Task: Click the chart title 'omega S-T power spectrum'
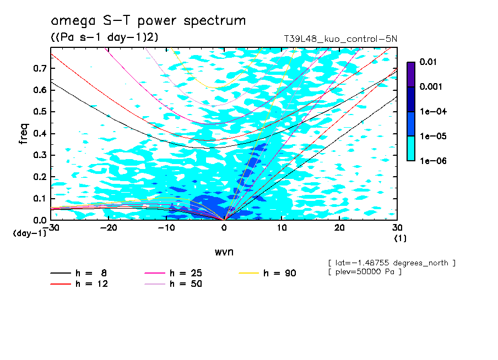click(x=148, y=21)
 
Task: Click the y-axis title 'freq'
click(x=23, y=134)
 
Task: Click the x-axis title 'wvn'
click(x=224, y=252)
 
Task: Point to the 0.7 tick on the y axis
click(x=40, y=68)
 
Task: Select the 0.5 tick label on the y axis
click(x=40, y=112)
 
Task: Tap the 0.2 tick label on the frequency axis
click(x=40, y=177)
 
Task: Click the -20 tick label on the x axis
click(x=109, y=228)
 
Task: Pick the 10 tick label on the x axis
click(x=282, y=228)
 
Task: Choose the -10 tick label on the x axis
click(x=166, y=228)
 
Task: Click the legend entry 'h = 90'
click(x=280, y=273)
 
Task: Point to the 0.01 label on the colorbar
click(x=429, y=62)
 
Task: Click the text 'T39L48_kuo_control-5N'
click(x=340, y=39)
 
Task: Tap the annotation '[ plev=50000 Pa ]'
click(x=364, y=272)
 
